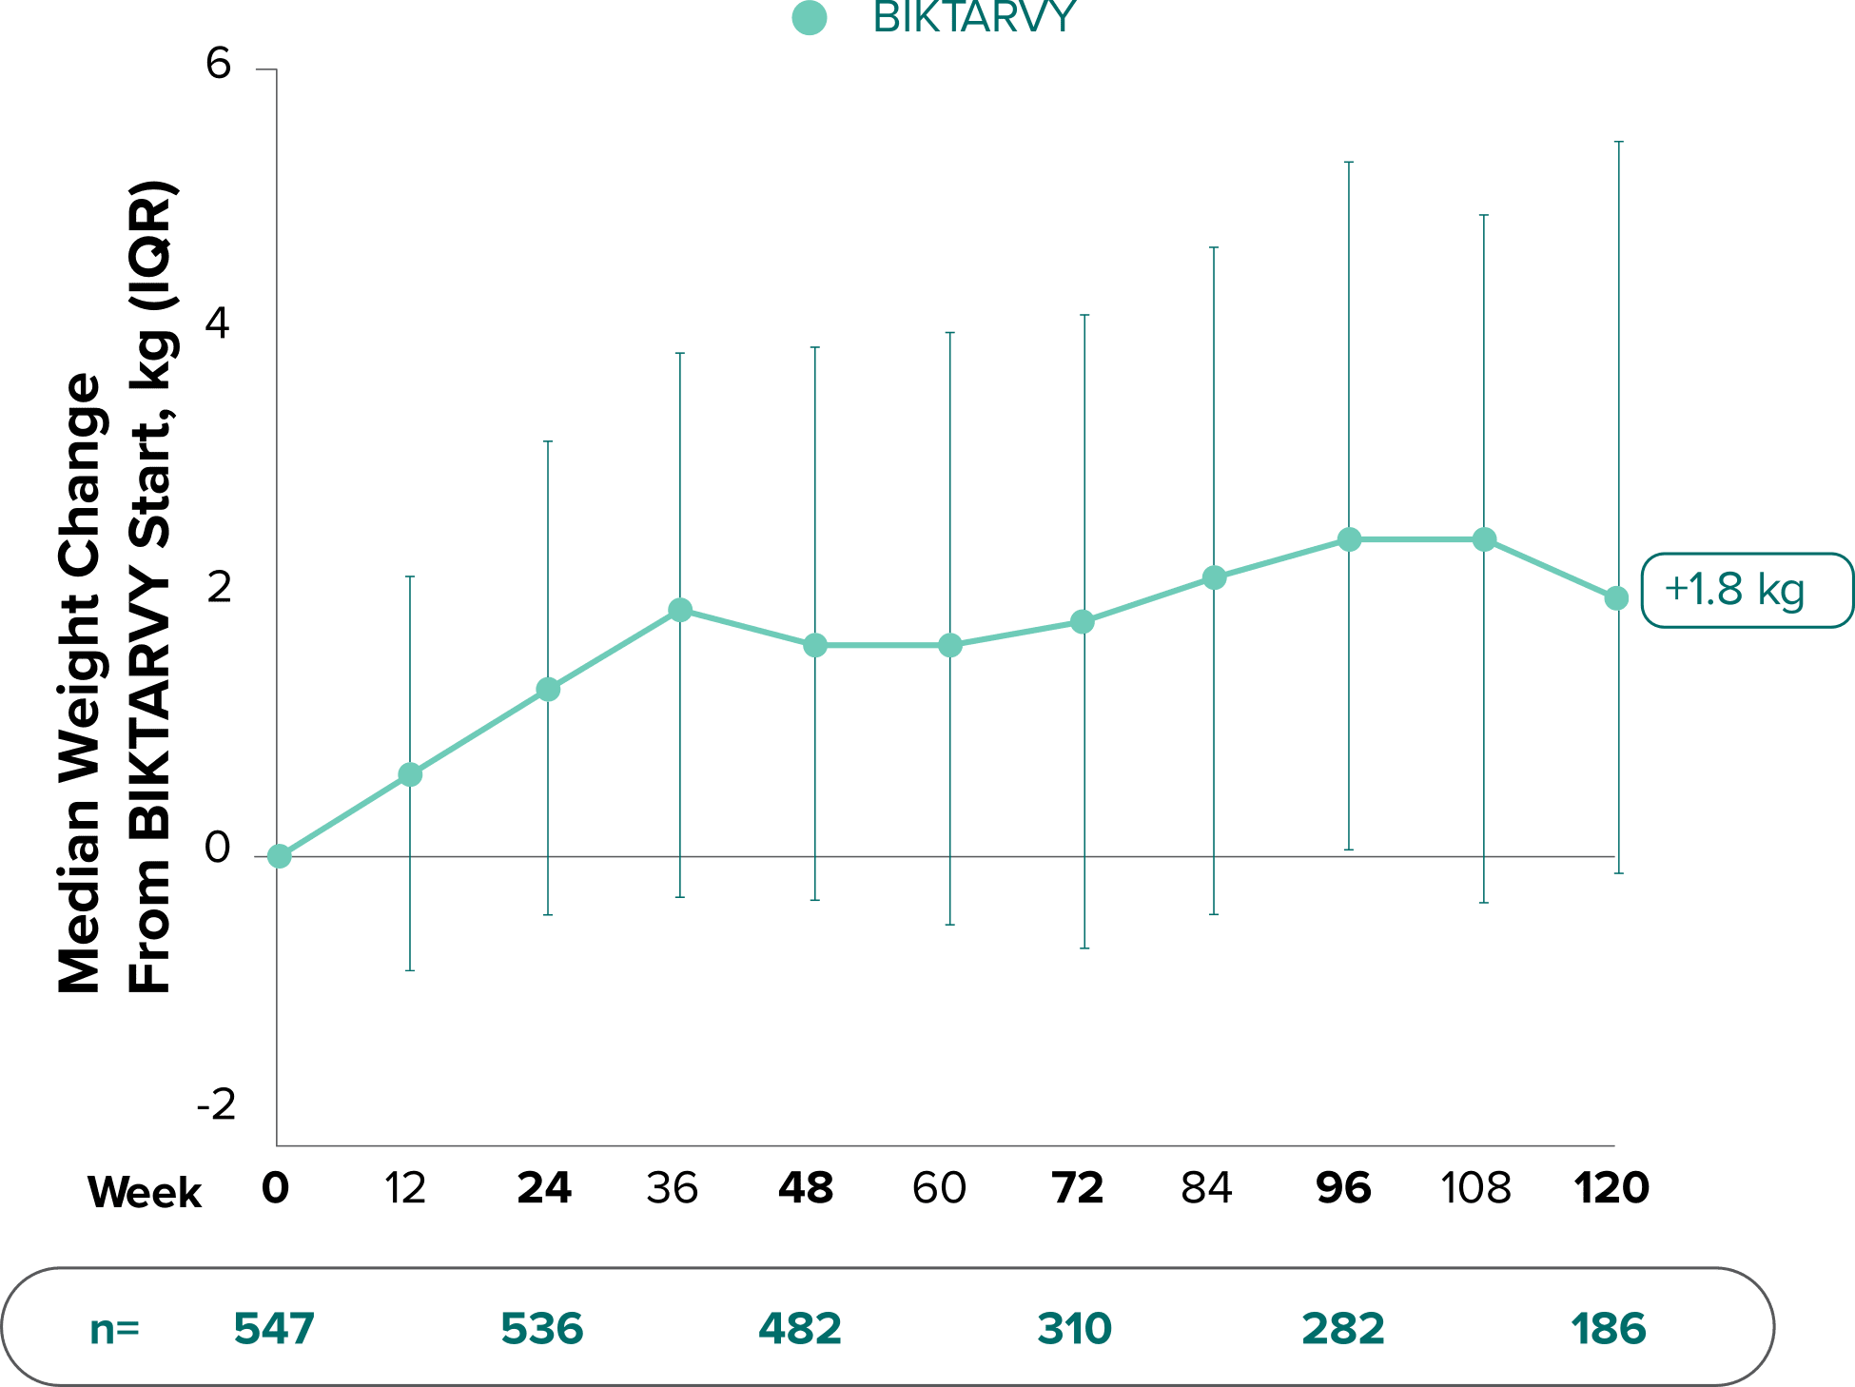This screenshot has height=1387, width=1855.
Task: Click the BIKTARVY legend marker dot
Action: [809, 18]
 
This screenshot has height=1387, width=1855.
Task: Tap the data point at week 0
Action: [279, 856]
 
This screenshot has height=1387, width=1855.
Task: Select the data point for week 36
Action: [680, 610]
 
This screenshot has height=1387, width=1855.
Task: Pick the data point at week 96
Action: [1349, 540]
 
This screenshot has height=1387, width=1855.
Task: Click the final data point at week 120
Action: [1616, 598]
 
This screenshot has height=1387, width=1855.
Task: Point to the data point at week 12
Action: [410, 774]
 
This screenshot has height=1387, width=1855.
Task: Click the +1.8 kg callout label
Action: [1735, 590]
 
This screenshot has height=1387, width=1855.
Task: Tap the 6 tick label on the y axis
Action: [218, 65]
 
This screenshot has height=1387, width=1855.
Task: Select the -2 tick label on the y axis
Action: [216, 1105]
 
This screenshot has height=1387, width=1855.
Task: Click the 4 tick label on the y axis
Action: [218, 324]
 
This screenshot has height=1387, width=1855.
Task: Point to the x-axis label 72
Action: [1078, 1188]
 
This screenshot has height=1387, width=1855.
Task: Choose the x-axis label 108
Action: [1475, 1188]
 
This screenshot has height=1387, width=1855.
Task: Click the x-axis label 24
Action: [544, 1188]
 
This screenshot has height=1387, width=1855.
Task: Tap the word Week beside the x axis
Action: [145, 1192]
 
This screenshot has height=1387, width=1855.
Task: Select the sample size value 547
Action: [274, 1329]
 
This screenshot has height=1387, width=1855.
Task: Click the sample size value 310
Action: [1075, 1329]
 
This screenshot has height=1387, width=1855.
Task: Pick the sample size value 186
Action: [1609, 1329]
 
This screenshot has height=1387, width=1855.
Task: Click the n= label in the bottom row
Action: [114, 1329]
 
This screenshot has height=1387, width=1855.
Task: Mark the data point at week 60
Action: [950, 646]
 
